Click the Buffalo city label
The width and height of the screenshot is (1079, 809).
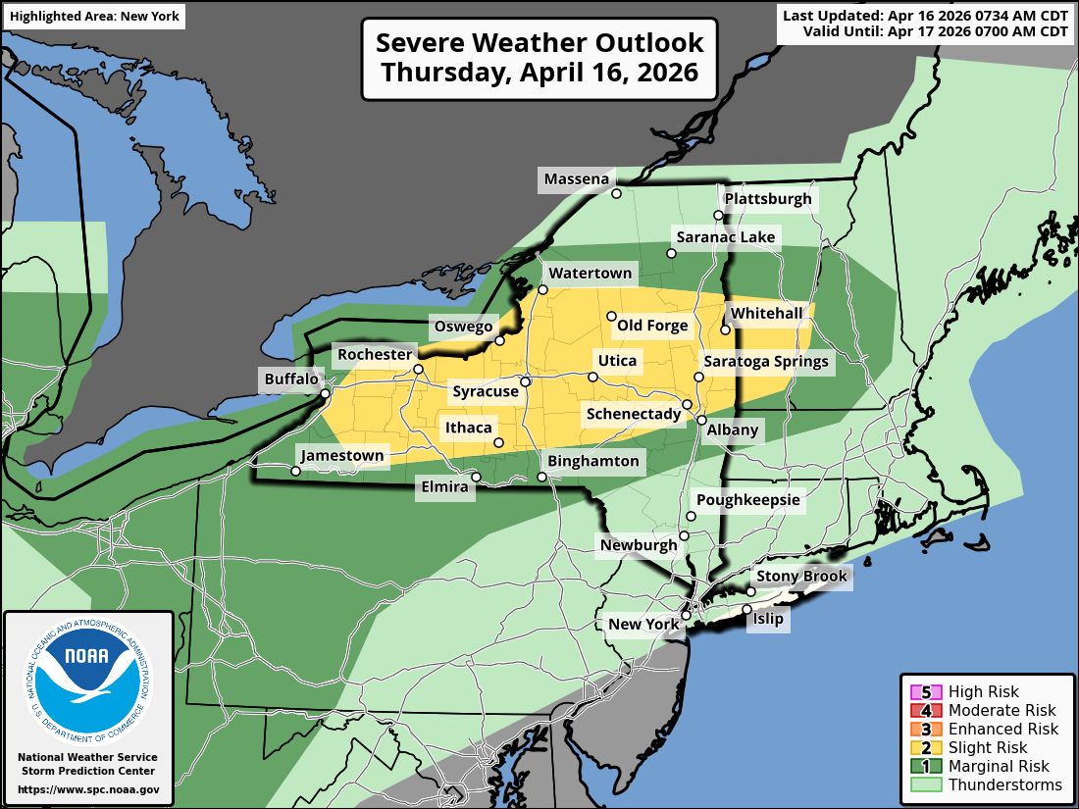(x=291, y=379)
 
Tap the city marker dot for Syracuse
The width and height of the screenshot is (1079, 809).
(x=526, y=381)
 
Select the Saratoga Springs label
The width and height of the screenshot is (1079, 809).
(x=766, y=362)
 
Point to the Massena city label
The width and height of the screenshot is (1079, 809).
(x=577, y=178)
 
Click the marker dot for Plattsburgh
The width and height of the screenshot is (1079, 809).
(x=718, y=215)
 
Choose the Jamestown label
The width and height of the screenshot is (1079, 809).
(x=342, y=456)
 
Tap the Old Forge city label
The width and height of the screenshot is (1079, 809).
(x=652, y=326)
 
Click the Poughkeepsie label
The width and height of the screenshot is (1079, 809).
(x=748, y=500)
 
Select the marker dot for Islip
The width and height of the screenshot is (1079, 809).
(x=746, y=609)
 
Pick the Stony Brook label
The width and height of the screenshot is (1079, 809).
(x=801, y=576)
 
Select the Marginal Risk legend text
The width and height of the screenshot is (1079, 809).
(x=999, y=767)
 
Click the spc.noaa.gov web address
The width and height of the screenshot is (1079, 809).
(x=88, y=788)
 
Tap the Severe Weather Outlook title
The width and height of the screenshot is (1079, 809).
(x=539, y=42)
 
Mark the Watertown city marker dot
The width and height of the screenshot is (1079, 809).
(x=542, y=289)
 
